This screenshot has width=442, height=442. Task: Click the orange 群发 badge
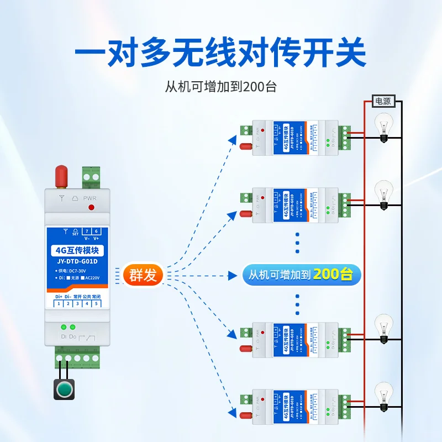[143, 275]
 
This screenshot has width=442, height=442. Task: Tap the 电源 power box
[383, 101]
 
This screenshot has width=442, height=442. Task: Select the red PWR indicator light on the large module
[91, 208]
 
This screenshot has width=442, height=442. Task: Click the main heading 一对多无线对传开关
[220, 54]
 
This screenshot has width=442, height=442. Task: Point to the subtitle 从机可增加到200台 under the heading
[220, 87]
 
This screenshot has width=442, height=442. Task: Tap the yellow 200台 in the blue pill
[333, 274]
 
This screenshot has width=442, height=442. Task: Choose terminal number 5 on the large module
[96, 304]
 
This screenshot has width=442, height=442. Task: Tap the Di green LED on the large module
[64, 327]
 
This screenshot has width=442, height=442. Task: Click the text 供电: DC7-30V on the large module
[72, 271]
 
